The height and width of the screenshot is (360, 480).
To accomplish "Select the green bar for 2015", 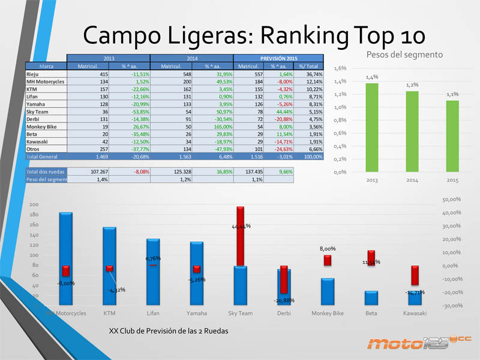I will [452, 136].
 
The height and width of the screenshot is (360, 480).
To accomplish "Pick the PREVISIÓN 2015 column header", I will [278, 58].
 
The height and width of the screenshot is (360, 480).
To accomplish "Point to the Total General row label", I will [44, 156].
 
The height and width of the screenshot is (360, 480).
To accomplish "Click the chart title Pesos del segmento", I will [404, 55].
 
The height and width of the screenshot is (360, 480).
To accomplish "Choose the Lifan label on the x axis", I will [153, 313].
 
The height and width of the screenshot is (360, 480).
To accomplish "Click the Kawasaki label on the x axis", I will [415, 313].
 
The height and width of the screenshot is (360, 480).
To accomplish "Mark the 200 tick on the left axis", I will [34, 204].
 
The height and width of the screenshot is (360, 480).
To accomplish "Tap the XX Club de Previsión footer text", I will [169, 331].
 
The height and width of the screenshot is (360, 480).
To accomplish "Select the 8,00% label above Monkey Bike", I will [327, 248].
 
